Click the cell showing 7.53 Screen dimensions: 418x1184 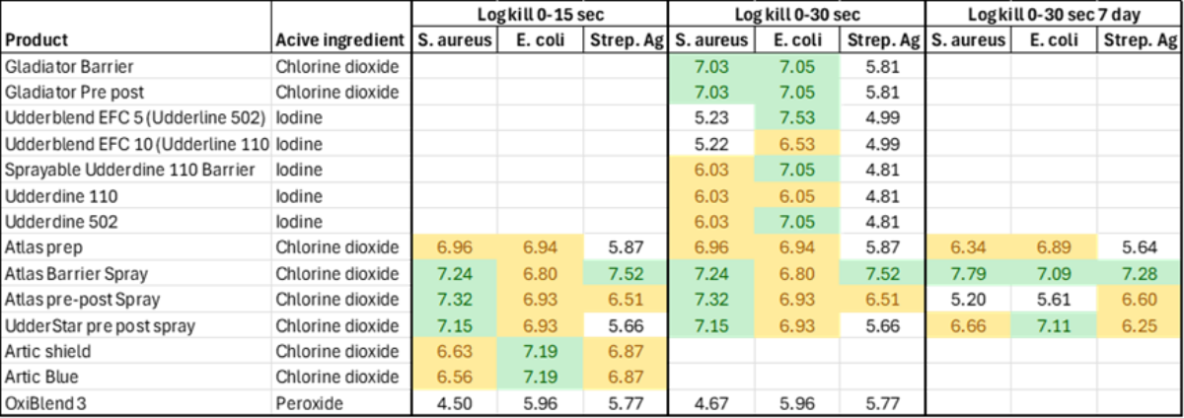(x=797, y=118)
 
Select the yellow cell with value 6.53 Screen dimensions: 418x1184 (x=797, y=144)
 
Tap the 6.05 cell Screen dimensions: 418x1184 (x=797, y=195)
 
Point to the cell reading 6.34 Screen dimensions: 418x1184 (x=968, y=246)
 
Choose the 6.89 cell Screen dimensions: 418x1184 (x=1054, y=246)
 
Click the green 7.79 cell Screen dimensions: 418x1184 (x=968, y=273)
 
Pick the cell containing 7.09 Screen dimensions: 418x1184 (x=1054, y=273)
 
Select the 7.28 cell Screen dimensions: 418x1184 (x=1140, y=273)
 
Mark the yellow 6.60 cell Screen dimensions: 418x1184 (x=1140, y=299)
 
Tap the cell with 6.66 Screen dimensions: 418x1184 (x=968, y=325)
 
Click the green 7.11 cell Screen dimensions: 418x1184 (x=1054, y=325)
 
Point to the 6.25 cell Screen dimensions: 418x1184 (x=1140, y=325)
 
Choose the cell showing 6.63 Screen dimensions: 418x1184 (x=455, y=352)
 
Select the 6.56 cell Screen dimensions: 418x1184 (x=455, y=378)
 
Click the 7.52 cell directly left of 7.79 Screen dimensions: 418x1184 (x=882, y=273)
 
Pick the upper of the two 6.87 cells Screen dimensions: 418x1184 (x=627, y=352)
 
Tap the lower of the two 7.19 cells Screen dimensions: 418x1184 (x=541, y=378)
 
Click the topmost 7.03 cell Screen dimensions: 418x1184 (x=711, y=67)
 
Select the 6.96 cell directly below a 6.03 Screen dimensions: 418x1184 (x=711, y=246)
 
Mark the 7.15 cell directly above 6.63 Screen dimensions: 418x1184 (x=455, y=325)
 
